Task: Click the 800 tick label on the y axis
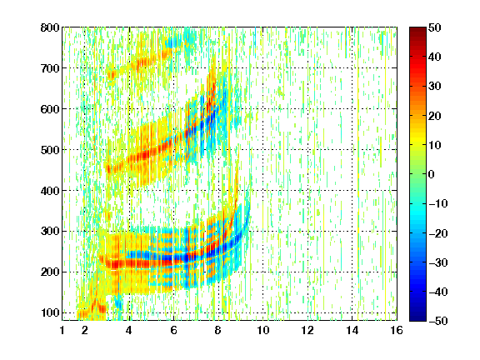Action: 50,27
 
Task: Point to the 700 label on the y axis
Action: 50,68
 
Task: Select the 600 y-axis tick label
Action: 50,109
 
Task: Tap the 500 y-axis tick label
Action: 50,150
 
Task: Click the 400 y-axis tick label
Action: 50,191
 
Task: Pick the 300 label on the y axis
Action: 50,232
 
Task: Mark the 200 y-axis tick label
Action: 50,272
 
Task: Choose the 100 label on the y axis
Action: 50,312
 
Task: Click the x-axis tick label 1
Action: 62,330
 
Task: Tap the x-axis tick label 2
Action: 85,330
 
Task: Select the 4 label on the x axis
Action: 129,330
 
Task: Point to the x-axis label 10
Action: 263,330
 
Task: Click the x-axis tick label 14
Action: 352,330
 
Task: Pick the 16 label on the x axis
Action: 397,330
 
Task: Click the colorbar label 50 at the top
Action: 435,27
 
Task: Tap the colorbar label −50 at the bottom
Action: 438,321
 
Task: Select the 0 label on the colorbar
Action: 432,174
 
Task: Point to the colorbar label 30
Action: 435,87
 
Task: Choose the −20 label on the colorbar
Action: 438,233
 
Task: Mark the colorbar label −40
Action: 438,292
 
